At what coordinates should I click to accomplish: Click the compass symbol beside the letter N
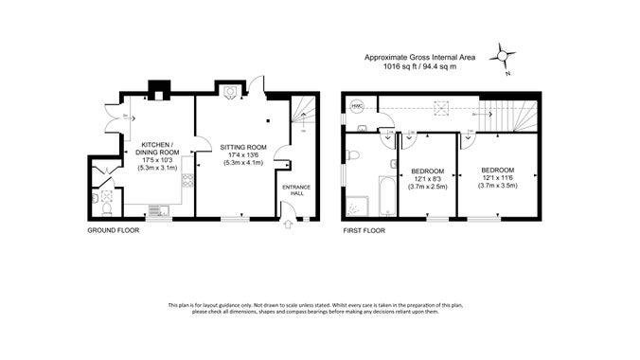point(501,57)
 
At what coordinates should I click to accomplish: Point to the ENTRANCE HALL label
point(296,190)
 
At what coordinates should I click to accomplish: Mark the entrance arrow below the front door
point(290,225)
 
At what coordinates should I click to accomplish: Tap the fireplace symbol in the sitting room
point(228,91)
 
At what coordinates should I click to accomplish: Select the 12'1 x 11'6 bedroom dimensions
point(497,179)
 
